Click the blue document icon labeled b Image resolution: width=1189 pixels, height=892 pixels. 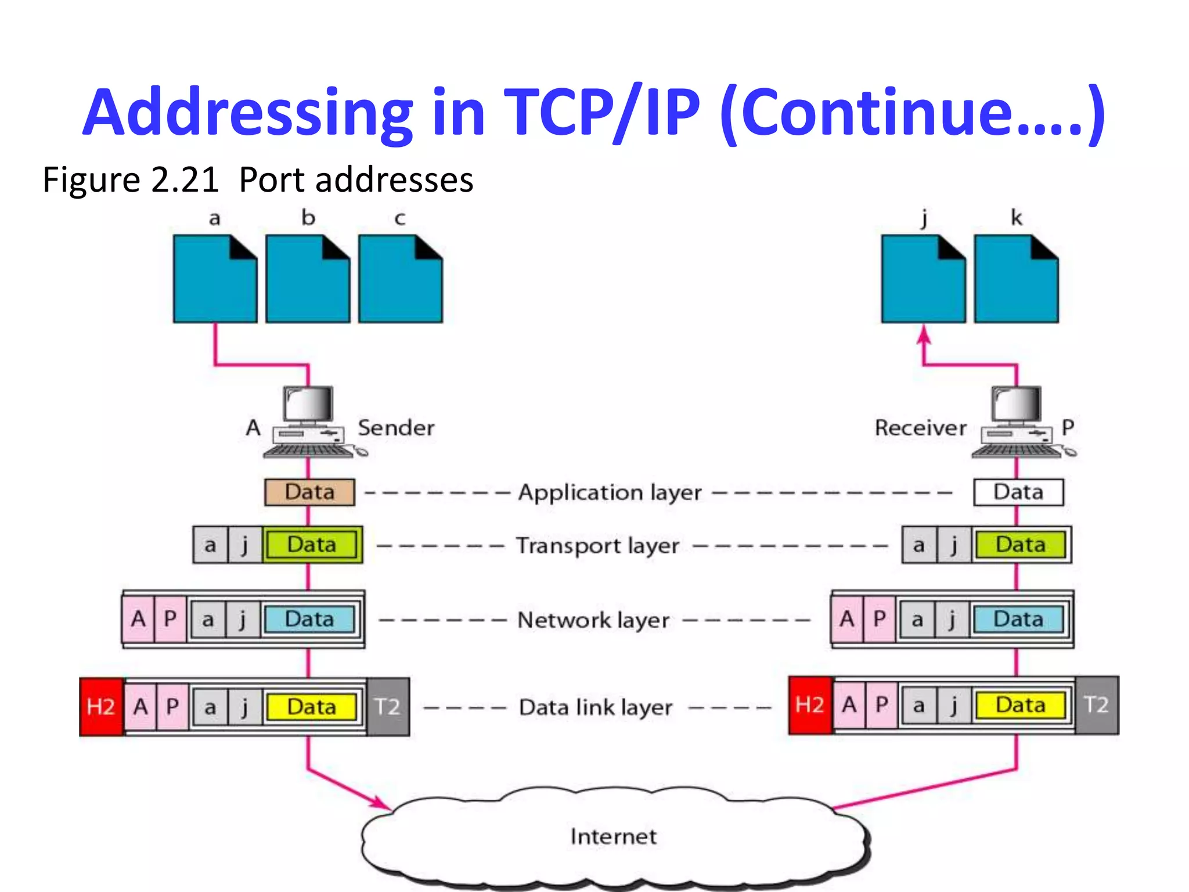point(308,279)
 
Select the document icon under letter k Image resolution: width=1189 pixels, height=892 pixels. point(1016,279)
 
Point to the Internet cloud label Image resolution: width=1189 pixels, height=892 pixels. point(614,836)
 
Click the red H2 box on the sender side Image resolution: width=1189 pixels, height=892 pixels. point(101,707)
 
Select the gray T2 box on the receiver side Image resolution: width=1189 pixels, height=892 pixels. point(1096,705)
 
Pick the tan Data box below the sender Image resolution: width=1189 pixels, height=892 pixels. point(309,492)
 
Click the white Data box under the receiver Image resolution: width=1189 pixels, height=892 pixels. point(1018,492)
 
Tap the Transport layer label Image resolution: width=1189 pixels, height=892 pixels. point(597,546)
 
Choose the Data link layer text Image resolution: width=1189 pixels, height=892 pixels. point(596,707)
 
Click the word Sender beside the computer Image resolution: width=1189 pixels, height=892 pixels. point(396,428)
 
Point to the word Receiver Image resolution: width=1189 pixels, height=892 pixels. point(921,428)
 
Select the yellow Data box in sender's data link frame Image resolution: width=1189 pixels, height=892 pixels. point(311,707)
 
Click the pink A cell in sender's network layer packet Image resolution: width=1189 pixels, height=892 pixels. point(138,619)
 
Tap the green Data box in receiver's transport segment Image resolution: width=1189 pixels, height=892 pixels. point(1020,545)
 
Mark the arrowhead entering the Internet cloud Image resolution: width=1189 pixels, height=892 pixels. point(383,804)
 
